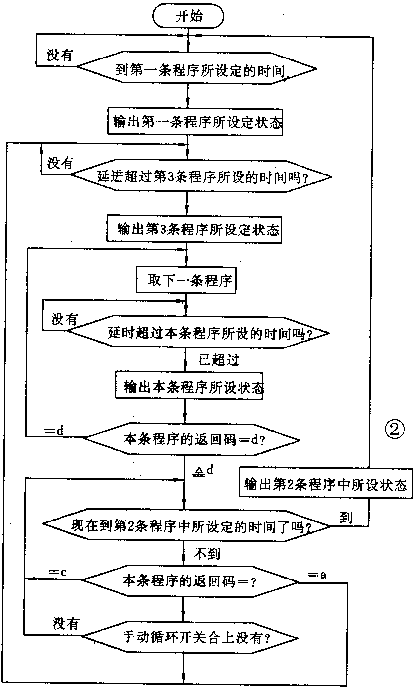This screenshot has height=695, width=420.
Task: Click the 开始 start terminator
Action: click(x=189, y=16)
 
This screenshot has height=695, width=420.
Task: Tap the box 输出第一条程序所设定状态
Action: click(x=196, y=121)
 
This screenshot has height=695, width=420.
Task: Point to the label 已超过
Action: click(x=218, y=361)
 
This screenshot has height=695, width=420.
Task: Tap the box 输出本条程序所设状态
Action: click(x=189, y=384)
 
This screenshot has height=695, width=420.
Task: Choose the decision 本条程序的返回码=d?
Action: click(x=192, y=439)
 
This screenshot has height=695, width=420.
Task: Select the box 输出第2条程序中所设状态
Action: click(x=325, y=484)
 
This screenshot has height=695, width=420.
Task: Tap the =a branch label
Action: click(x=317, y=575)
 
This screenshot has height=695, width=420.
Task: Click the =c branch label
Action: click(x=58, y=572)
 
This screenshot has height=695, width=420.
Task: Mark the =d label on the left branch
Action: click(x=54, y=430)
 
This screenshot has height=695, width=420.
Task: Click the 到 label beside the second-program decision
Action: click(x=346, y=518)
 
